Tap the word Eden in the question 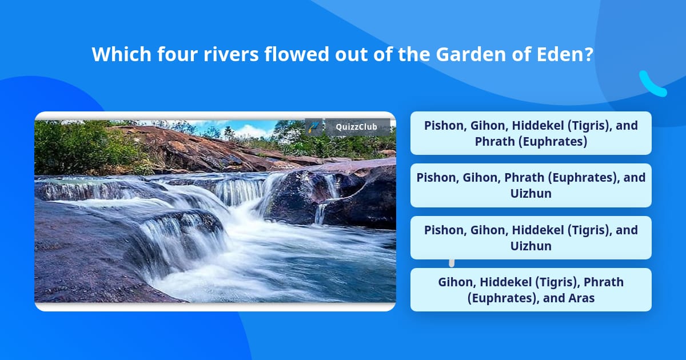pyautogui.click(x=560, y=54)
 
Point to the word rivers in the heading pyautogui.click(x=231, y=54)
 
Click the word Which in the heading pyautogui.click(x=122, y=54)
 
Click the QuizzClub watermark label pyautogui.click(x=357, y=127)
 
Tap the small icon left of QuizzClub pyautogui.click(x=314, y=127)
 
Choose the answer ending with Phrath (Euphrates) pyautogui.click(x=531, y=133)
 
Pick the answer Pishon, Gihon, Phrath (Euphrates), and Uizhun pyautogui.click(x=531, y=185)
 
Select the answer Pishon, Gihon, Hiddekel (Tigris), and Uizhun pyautogui.click(x=531, y=238)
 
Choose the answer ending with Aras pyautogui.click(x=531, y=290)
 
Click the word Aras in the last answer pyautogui.click(x=581, y=298)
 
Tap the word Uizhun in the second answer pyautogui.click(x=531, y=194)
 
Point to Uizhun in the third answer pyautogui.click(x=531, y=246)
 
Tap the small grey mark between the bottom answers pyautogui.click(x=452, y=263)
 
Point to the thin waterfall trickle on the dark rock pyautogui.click(x=320, y=213)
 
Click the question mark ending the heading pyautogui.click(x=589, y=54)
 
